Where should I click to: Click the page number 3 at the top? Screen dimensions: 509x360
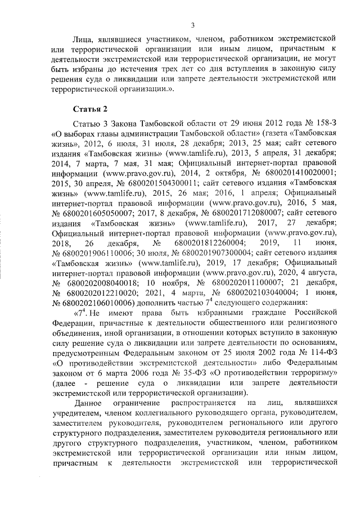point(192,25)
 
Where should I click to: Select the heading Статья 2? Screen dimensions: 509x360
point(90,108)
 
